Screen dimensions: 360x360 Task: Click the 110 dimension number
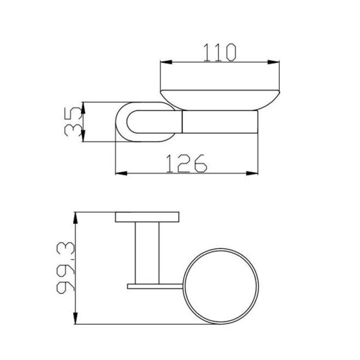220,53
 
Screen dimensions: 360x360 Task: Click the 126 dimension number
186,163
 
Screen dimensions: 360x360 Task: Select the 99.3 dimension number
66,268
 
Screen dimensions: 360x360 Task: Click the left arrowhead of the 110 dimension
166,62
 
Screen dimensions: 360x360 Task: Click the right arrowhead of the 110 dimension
274,62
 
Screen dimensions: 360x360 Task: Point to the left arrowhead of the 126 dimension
121,173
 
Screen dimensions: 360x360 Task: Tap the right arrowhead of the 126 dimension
252,173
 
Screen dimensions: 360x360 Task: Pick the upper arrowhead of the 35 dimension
83,108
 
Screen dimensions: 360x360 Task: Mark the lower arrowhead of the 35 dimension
83,136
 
